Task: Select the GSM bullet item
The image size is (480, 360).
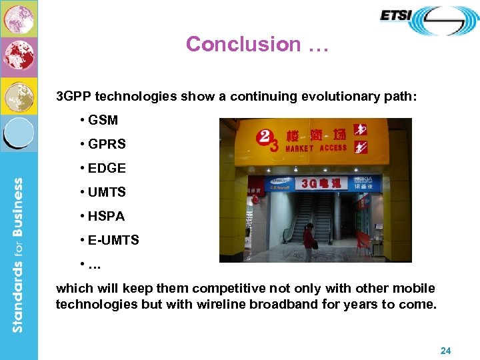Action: pyautogui.click(x=103, y=120)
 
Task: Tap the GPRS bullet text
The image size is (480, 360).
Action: pyautogui.click(x=106, y=144)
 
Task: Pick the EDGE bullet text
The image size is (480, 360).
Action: pyautogui.click(x=106, y=168)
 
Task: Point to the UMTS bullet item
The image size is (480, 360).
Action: pyautogui.click(x=106, y=192)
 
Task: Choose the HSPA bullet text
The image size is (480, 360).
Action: pyautogui.click(x=106, y=216)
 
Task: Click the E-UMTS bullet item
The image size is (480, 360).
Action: pyautogui.click(x=113, y=240)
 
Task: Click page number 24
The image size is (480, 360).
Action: pyautogui.click(x=446, y=350)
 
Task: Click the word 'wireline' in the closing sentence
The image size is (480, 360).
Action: pyautogui.click(x=222, y=305)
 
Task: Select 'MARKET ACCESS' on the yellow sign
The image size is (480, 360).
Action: pyautogui.click(x=316, y=148)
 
